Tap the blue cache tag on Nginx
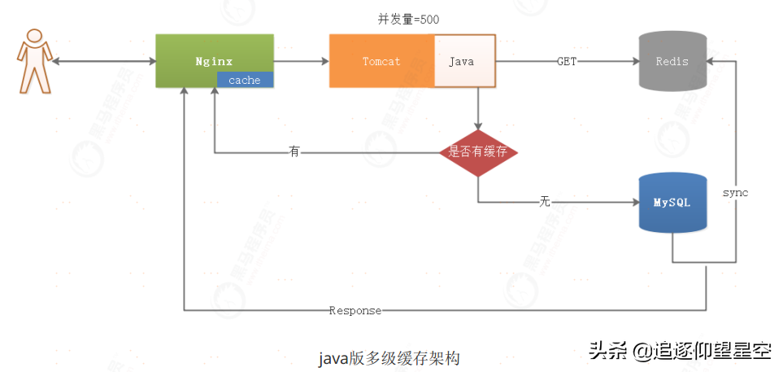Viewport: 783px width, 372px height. (x=245, y=80)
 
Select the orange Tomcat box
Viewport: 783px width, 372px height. (x=381, y=61)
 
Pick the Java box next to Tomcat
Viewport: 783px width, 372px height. (x=463, y=61)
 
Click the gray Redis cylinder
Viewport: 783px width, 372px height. (x=672, y=61)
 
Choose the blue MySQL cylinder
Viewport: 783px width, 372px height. (x=672, y=203)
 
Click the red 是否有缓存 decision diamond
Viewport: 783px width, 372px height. (x=479, y=152)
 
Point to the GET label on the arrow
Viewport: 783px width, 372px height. (x=567, y=61)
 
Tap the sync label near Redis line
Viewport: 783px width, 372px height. (x=735, y=193)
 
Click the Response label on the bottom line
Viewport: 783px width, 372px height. (x=355, y=310)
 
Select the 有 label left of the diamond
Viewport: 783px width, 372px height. (x=294, y=152)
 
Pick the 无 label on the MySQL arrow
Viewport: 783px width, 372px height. (x=545, y=201)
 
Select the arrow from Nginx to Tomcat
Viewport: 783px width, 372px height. (x=301, y=61)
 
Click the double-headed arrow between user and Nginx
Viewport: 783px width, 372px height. (x=105, y=61)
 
